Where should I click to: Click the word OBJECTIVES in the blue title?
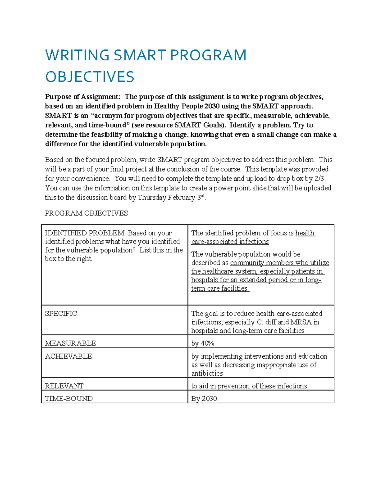[x=90, y=77]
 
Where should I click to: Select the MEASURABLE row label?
[x=70, y=343]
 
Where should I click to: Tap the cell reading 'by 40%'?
[x=203, y=343]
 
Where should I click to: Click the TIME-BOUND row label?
[x=69, y=398]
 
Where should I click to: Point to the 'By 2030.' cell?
[x=205, y=398]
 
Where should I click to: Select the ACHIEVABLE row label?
[x=68, y=356]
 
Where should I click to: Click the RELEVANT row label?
[x=64, y=386]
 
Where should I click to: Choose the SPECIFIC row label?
[x=61, y=313]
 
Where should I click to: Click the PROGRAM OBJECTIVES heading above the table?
[x=86, y=213]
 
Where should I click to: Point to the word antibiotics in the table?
[x=207, y=373]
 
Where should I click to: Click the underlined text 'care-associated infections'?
[x=230, y=242]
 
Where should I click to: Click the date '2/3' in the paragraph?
[x=320, y=178]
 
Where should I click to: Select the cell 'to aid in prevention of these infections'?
[x=249, y=386]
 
